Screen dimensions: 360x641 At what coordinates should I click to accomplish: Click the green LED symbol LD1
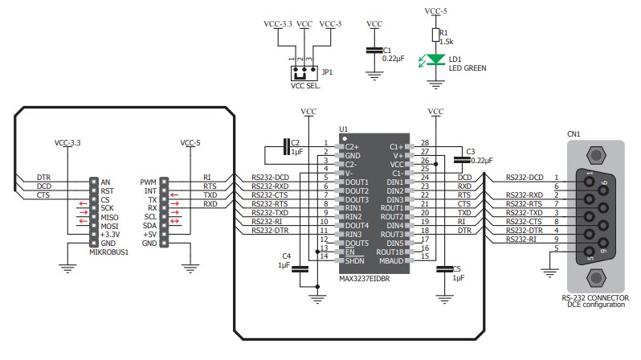pos(436,59)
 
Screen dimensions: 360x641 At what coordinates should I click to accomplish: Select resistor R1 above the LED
pos(436,35)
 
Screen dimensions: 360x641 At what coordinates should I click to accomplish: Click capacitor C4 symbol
pos(300,270)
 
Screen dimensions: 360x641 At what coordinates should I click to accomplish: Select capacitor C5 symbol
pos(440,270)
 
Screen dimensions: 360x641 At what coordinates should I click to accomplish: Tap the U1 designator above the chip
pos(343,129)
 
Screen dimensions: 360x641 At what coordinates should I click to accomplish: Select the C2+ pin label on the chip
pos(350,147)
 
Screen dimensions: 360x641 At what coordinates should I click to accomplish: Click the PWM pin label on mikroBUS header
pos(148,182)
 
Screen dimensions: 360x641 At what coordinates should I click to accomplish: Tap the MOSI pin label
pos(110,226)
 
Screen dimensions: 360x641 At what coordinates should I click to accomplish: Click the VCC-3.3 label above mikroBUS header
pos(67,143)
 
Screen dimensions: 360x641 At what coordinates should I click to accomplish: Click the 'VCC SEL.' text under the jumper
pos(304,85)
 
